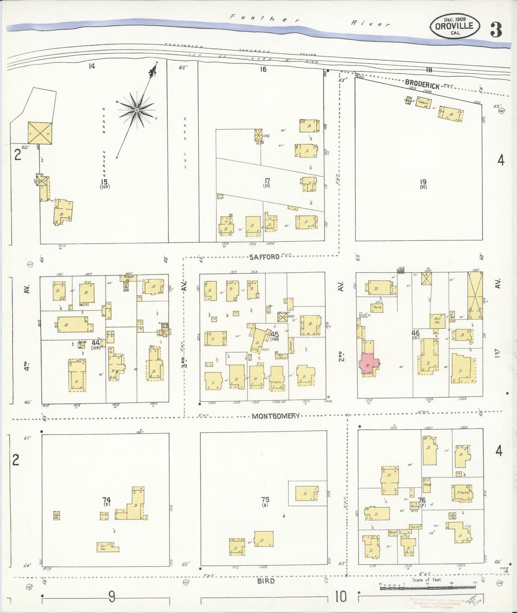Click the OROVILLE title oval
click(454, 26)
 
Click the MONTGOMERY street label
click(275, 416)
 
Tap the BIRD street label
click(265, 581)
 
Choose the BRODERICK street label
click(422, 84)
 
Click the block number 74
click(106, 500)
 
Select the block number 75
click(265, 500)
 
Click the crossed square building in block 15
click(40, 133)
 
